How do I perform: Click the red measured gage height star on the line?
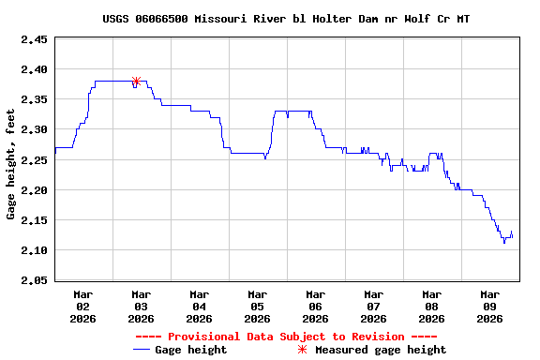136,82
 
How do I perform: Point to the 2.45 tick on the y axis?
34,39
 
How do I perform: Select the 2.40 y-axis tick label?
34,69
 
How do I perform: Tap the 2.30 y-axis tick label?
34,129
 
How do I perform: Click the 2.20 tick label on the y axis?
34,189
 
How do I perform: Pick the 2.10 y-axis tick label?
34,249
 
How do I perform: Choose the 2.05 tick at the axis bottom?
34,279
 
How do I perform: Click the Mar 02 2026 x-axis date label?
82,306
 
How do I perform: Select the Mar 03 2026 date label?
141,306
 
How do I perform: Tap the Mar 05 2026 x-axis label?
257,306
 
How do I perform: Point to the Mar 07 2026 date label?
373,306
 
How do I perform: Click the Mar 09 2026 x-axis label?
489,306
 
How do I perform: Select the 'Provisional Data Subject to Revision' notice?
286,337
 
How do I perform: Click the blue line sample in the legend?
142,350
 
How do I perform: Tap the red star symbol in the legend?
302,350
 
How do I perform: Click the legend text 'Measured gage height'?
381,350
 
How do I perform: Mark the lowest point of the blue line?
504,243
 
